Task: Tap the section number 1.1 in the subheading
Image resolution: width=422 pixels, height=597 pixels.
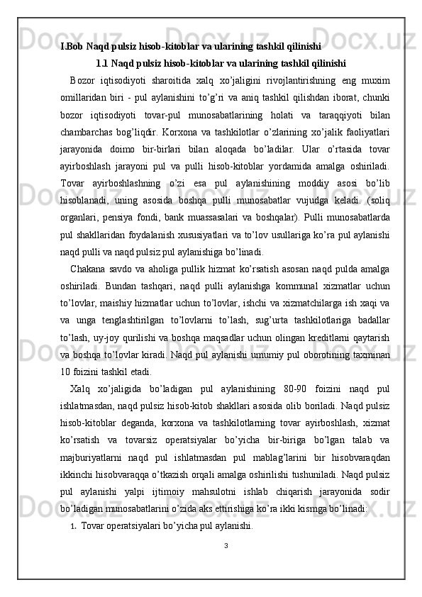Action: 102,62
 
